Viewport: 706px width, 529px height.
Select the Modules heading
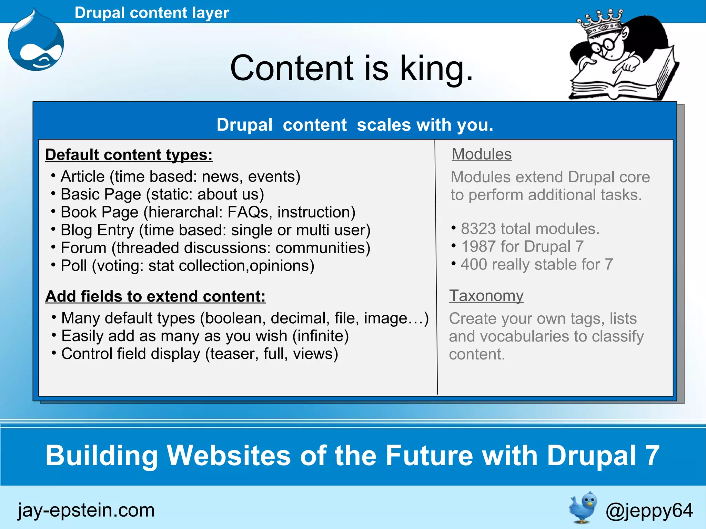[x=482, y=154]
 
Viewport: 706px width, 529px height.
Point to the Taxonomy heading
[x=486, y=296]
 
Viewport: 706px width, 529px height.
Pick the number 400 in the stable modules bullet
[x=474, y=265]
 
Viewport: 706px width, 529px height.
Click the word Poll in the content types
[x=73, y=266]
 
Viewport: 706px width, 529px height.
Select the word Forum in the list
[x=83, y=248]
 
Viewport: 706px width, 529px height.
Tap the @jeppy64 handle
[x=649, y=510]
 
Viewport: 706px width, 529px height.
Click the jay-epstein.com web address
[x=86, y=510]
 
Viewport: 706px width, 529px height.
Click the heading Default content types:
[x=129, y=155]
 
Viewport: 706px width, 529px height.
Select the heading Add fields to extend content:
[x=155, y=296]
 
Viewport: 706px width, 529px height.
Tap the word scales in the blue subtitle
[x=384, y=125]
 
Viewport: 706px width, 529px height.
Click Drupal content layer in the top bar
[x=152, y=13]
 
